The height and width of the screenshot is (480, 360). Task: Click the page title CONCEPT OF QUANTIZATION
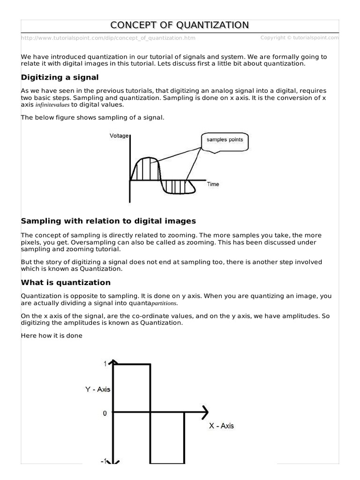point(180,25)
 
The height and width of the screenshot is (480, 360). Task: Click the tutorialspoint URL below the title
point(108,38)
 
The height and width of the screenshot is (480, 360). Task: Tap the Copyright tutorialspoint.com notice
point(300,37)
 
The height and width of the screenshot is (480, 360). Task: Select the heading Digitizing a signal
point(60,77)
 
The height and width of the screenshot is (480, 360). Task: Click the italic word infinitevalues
point(52,105)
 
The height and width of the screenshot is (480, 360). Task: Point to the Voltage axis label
point(119,136)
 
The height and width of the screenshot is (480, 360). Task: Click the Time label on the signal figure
point(213,184)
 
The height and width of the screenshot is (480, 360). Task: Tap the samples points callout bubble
point(222,140)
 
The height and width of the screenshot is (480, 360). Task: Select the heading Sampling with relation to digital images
point(108,221)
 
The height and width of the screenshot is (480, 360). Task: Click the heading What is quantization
point(66,283)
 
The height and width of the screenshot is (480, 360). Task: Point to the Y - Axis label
point(97,389)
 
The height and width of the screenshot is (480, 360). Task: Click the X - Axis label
point(221,426)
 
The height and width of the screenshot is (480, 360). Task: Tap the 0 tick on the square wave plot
point(105,413)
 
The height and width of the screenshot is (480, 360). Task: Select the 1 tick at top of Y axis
point(105,363)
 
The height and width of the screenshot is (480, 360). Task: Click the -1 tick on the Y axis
point(104,461)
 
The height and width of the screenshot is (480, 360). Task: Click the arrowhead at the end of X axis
point(204,413)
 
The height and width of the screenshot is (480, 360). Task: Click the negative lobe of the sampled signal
point(178,187)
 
